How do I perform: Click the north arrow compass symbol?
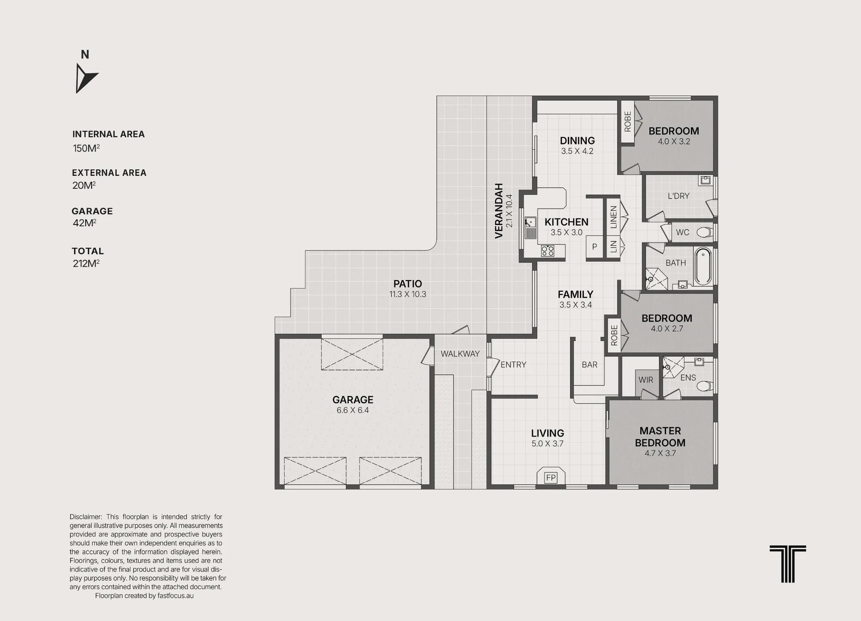point(86,78)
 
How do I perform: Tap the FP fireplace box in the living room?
point(551,477)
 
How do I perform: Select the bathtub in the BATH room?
point(703,266)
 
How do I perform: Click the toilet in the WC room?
point(705,233)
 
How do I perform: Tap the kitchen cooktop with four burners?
point(548,251)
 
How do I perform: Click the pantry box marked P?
point(594,247)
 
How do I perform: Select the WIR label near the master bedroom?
point(646,380)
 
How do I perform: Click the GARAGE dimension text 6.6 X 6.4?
point(353,410)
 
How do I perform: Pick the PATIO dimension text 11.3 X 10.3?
point(408,294)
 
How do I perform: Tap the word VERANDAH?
point(499,211)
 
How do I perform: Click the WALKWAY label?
point(460,354)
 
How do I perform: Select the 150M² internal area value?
point(86,148)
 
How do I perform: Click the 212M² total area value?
point(86,263)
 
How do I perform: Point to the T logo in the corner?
point(788,564)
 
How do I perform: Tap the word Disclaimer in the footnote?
point(86,517)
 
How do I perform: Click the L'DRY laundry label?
point(678,196)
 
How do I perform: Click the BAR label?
point(589,365)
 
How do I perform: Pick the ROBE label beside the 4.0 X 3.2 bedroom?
point(628,122)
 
